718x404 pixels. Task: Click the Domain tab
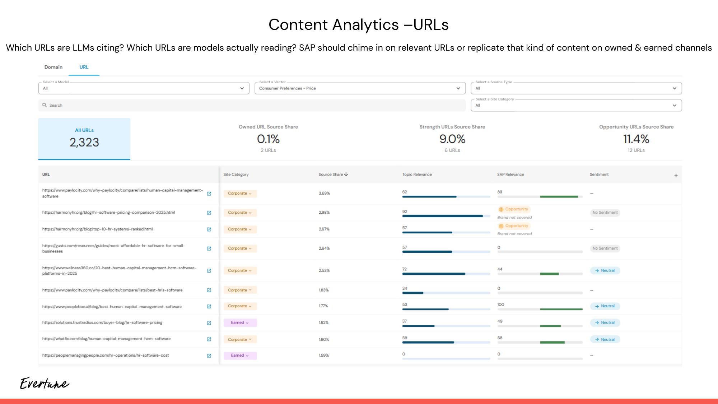53,67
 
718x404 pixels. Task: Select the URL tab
84,67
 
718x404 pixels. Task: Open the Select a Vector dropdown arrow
458,88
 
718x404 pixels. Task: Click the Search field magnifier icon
45,105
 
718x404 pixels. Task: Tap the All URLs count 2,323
84,142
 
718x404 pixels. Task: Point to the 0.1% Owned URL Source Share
268,139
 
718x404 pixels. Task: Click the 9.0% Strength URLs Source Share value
452,139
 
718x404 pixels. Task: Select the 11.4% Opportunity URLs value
636,139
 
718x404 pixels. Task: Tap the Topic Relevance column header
417,175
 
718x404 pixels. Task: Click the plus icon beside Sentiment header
676,176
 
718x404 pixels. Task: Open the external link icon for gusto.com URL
209,249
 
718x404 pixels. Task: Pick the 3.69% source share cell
324,193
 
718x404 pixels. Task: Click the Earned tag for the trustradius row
240,322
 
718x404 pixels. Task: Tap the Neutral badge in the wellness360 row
605,270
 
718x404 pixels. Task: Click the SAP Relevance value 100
500,305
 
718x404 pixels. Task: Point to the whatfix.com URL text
106,339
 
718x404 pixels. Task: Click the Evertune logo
44,384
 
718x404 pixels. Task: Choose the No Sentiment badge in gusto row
605,248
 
